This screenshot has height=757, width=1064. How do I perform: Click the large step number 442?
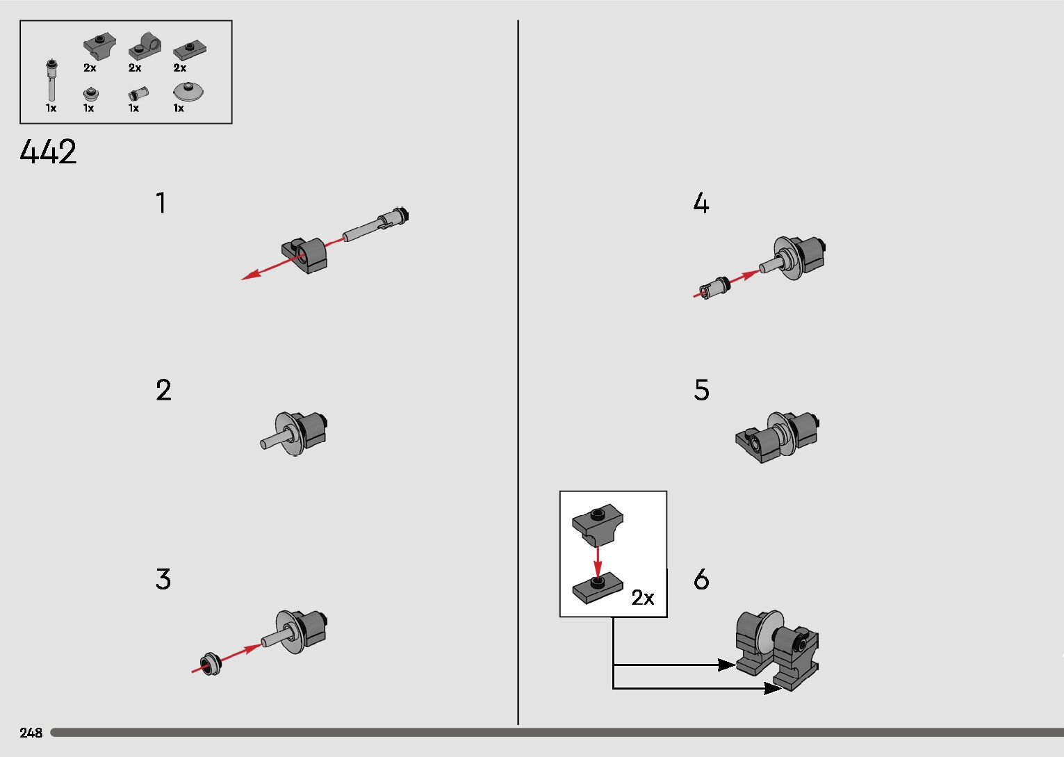[48, 152]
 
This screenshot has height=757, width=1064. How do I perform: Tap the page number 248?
[31, 733]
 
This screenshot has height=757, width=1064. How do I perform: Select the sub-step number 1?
[161, 203]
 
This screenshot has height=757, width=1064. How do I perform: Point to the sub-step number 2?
[163, 390]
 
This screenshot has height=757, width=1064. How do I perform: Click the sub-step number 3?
[163, 579]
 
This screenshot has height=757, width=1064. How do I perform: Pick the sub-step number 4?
[701, 203]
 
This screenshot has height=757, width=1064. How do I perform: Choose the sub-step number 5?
[702, 390]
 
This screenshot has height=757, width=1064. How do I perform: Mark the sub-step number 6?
[702, 579]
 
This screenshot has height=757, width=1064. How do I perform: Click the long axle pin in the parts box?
[51, 80]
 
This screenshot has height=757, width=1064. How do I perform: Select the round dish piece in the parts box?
[188, 91]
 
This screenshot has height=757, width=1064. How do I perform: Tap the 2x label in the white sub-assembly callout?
[643, 597]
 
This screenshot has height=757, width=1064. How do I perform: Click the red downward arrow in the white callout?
[598, 562]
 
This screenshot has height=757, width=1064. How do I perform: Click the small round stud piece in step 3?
[210, 664]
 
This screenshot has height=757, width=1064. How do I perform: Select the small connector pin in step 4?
[714, 288]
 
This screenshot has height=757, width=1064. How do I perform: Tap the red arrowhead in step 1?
[252, 275]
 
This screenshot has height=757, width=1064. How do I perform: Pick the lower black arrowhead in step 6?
[773, 688]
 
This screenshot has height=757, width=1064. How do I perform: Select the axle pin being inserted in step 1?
[376, 225]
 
